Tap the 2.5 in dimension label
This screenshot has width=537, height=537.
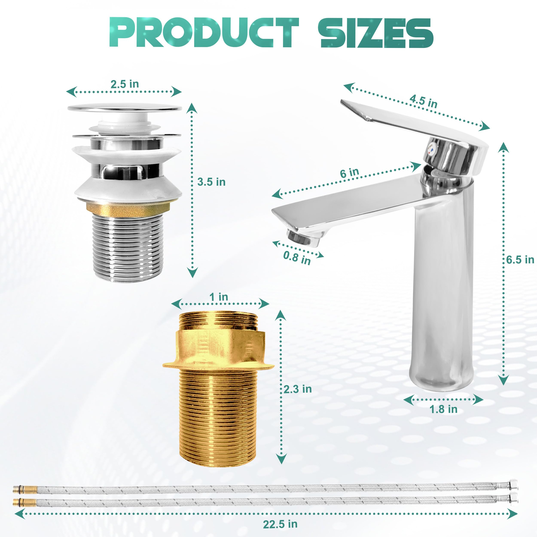(x=125, y=84)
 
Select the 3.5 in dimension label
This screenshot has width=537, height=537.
(x=211, y=182)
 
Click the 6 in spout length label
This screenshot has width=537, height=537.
(x=349, y=173)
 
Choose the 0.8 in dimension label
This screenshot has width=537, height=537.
(x=297, y=258)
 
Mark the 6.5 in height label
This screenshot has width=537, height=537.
(x=520, y=260)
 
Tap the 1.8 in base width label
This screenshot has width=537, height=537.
(x=443, y=409)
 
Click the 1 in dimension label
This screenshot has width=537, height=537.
(x=219, y=297)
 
